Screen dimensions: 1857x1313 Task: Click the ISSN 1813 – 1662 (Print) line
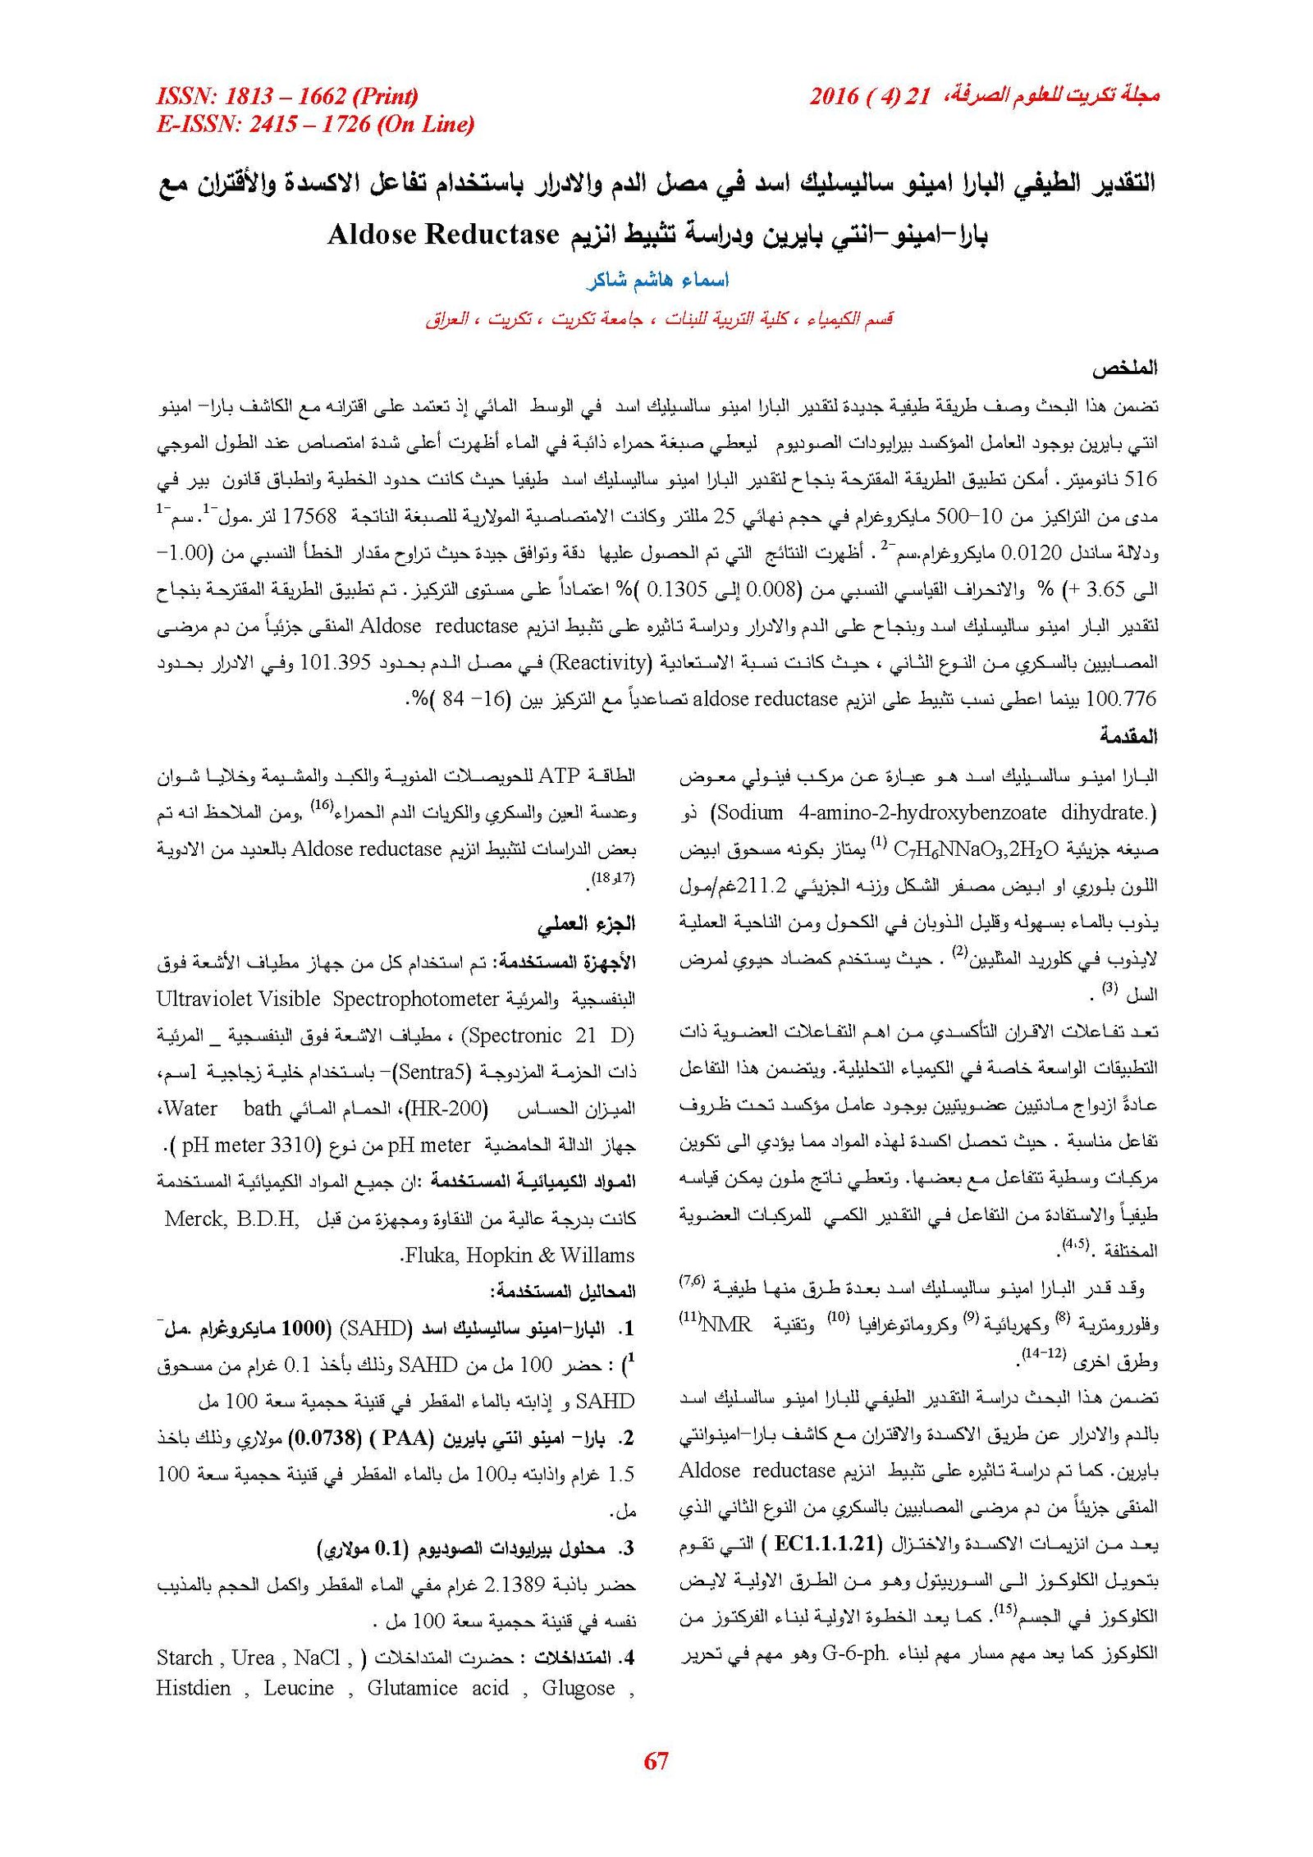tap(287, 96)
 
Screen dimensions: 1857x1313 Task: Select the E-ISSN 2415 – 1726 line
tap(315, 124)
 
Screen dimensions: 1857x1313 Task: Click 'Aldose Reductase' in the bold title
tap(443, 235)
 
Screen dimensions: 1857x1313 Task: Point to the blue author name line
tap(657, 280)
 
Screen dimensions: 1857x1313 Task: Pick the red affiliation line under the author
tap(658, 318)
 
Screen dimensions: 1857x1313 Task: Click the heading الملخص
tap(1124, 368)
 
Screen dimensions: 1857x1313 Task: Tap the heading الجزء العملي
tap(586, 924)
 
